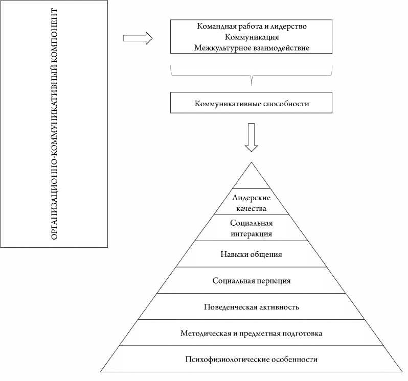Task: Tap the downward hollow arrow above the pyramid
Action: click(x=251, y=137)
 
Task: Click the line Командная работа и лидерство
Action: click(x=252, y=26)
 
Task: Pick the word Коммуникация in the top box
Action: click(x=252, y=37)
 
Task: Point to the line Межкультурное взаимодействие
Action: click(x=252, y=48)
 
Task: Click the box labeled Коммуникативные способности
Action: click(x=252, y=104)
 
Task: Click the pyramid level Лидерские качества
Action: click(x=251, y=203)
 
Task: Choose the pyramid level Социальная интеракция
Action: click(x=251, y=228)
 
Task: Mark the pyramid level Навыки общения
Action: click(x=251, y=254)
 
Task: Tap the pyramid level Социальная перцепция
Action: click(x=251, y=280)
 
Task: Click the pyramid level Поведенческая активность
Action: click(x=251, y=307)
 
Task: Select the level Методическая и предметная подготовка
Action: click(x=251, y=334)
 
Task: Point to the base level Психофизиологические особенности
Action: click(x=251, y=360)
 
